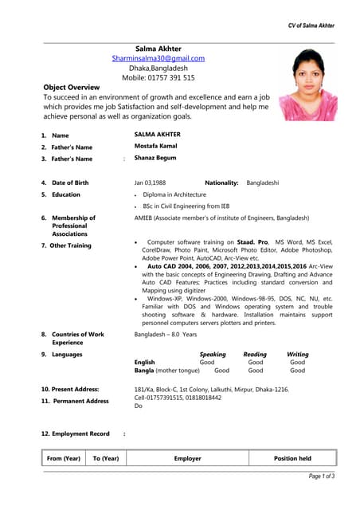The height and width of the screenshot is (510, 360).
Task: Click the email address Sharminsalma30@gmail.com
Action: click(158, 58)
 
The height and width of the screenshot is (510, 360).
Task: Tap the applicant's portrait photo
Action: click(308, 84)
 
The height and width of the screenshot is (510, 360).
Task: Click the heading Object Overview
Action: click(71, 87)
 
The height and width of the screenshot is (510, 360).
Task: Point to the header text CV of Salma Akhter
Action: click(311, 25)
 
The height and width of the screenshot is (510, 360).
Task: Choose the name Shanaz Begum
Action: click(155, 158)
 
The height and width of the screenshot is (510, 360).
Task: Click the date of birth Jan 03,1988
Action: click(150, 182)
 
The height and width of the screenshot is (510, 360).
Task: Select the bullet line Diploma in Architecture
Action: click(174, 194)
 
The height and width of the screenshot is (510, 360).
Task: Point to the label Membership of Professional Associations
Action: click(73, 226)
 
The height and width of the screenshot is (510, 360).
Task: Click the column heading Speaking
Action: click(212, 354)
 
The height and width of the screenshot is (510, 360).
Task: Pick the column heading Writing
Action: click(297, 354)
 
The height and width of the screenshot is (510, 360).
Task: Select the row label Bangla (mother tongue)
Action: click(167, 370)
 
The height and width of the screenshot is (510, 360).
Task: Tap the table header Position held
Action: click(292, 458)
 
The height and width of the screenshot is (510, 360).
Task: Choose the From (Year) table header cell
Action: click(64, 458)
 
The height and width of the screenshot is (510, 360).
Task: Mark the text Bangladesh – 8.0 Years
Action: click(166, 335)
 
